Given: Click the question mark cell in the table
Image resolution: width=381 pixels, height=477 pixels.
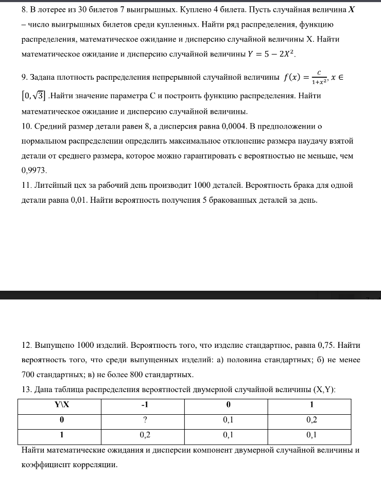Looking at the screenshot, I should coord(145,419).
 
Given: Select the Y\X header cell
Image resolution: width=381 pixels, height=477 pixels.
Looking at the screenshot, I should coord(61,404).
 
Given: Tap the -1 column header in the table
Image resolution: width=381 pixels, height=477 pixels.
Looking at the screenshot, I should coord(145,404).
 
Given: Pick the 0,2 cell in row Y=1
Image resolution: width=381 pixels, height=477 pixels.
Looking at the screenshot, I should coord(145,435).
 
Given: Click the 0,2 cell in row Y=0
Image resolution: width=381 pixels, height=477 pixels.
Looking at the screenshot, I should coord(311,419).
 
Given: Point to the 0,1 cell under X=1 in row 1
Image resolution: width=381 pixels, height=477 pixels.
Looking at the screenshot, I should coord(311,435).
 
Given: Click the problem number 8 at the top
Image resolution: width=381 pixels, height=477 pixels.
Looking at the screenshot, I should coord(24,10).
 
